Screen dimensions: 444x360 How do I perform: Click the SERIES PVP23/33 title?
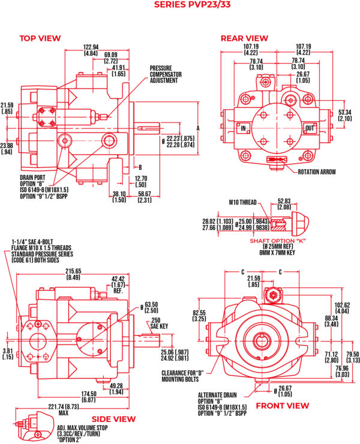pyautogui.click(x=180, y=5)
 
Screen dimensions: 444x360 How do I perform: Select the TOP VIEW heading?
pyautogui.click(x=40, y=38)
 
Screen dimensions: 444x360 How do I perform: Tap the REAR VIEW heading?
pyautogui.click(x=244, y=38)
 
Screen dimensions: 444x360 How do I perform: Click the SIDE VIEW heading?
pyautogui.click(x=113, y=419)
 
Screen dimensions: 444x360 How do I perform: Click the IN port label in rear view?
pyautogui.click(x=244, y=128)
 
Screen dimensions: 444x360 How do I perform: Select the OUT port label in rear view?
pyautogui.click(x=310, y=128)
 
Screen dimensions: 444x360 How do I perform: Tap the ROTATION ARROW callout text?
pyautogui.click(x=317, y=172)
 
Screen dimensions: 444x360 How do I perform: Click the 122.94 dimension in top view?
pyautogui.click(x=91, y=47)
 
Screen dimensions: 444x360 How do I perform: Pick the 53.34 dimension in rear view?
pyautogui.click(x=345, y=112)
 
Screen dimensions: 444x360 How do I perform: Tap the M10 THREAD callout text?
pyautogui.click(x=244, y=202)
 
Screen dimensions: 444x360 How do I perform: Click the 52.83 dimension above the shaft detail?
pyautogui.click(x=284, y=202)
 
